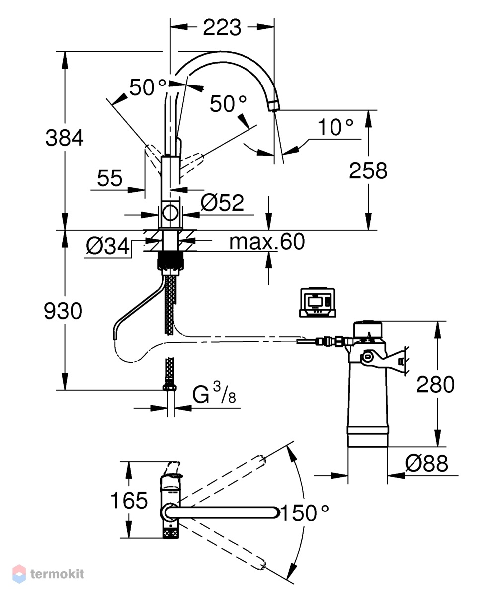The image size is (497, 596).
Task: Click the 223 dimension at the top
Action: click(222, 27)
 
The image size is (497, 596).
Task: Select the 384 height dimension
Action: click(64, 138)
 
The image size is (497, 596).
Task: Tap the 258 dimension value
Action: click(368, 170)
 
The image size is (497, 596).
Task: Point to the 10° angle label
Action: click(335, 127)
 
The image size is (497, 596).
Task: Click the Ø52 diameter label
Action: click(222, 203)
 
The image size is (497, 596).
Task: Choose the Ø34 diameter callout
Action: click(107, 246)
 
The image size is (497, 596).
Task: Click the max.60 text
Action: click(267, 241)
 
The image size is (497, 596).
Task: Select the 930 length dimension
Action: click(63, 311)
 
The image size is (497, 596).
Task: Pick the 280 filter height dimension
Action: click(435, 384)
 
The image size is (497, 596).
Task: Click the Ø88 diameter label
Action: click(427, 463)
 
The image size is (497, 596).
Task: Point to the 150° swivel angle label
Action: click(305, 513)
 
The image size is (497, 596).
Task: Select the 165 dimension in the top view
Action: click(129, 500)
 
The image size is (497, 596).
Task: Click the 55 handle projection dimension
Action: click(110, 178)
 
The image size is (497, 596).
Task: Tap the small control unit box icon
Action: click(318, 303)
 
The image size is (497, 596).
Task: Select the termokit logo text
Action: click(57, 574)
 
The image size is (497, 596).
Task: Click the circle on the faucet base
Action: click(170, 213)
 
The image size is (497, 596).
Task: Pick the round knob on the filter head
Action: click(367, 357)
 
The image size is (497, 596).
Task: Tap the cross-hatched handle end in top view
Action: click(170, 531)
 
